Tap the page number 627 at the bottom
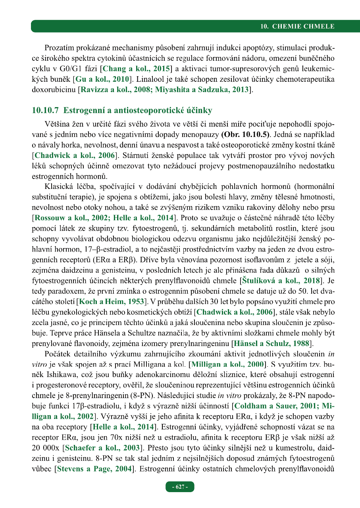point(180,487)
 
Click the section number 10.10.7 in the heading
point(44,110)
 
